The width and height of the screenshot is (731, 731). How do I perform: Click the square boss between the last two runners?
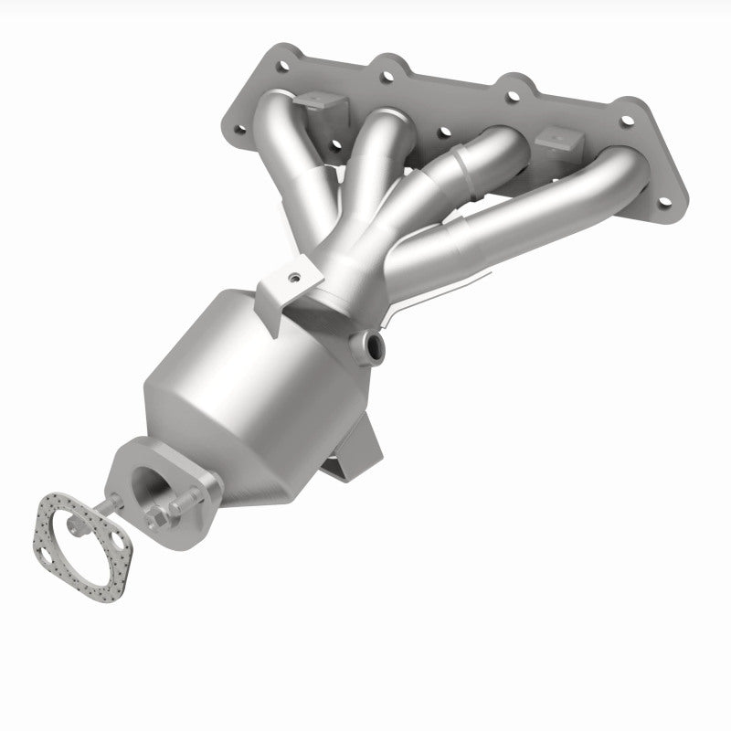point(560,142)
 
